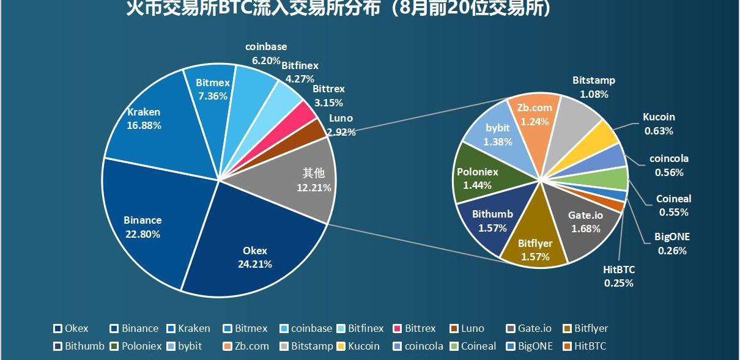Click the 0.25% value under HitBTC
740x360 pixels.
(618, 283)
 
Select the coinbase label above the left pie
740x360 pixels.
(266, 46)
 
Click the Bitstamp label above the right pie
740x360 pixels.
(594, 80)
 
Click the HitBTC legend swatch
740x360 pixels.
(567, 346)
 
